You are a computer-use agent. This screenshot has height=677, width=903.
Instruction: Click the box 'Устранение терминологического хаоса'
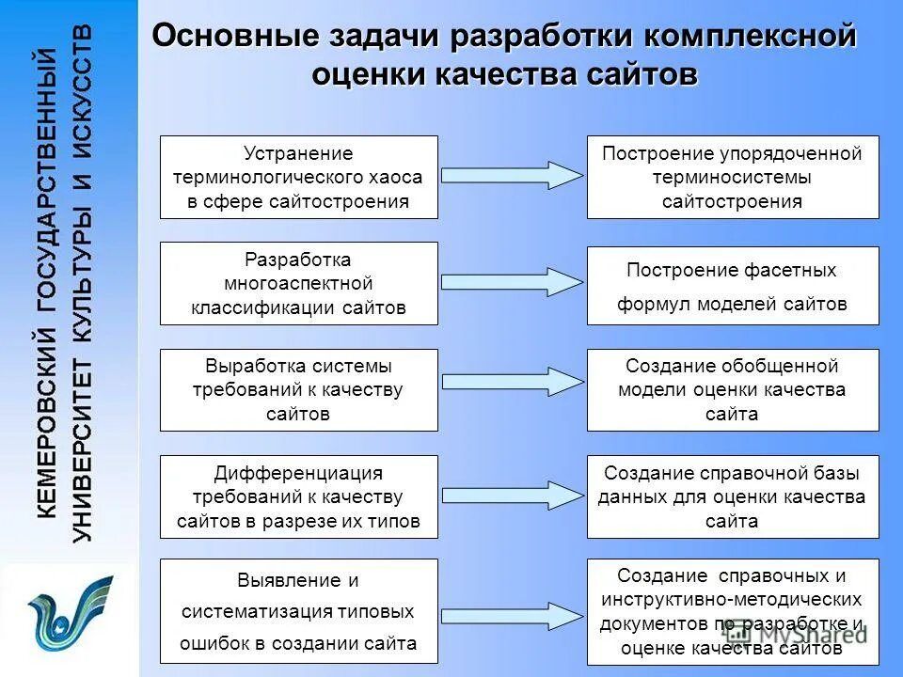298,177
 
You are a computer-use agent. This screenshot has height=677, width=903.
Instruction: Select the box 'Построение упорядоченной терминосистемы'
733,177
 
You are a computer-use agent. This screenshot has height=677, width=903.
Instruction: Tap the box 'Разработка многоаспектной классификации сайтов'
298,283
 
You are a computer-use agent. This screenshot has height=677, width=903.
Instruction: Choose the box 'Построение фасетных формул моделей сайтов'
733,286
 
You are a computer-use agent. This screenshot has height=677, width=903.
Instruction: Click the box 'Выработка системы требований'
298,389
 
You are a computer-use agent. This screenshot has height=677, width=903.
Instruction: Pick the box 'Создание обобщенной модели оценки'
733,389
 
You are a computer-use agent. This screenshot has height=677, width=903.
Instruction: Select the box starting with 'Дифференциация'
298,496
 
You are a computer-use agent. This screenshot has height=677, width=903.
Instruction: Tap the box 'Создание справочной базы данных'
733,496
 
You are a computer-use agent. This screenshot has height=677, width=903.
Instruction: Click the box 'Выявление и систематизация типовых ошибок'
298,611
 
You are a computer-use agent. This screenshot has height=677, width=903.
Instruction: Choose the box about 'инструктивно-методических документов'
733,611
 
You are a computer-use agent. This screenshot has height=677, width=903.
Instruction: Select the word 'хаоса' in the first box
396,177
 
